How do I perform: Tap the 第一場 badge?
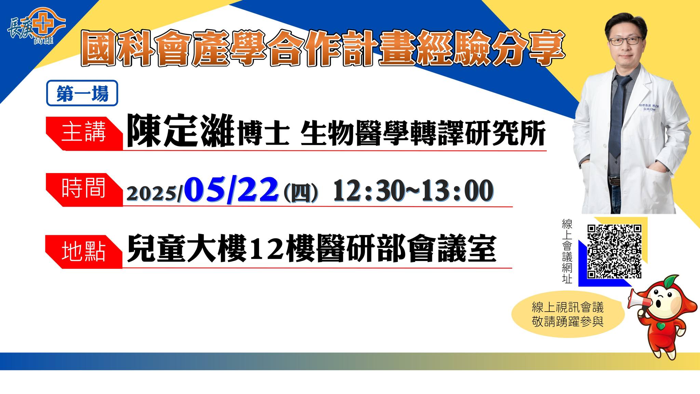tap(82, 93)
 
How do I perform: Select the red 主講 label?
tap(84, 133)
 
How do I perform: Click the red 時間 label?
tap(84, 190)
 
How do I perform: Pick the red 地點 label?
tap(84, 252)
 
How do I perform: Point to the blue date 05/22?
tap(231, 190)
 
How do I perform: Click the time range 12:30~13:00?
tap(413, 191)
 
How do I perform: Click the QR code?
tap(614, 251)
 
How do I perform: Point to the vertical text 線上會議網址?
tap(567, 251)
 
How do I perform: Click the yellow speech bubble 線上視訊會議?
tap(568, 314)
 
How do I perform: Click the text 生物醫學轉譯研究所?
tap(423, 134)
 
